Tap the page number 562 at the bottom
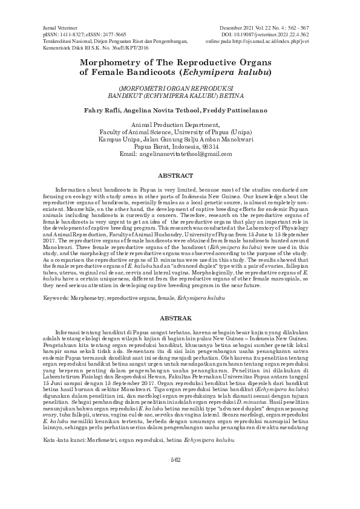tap(175, 477)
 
